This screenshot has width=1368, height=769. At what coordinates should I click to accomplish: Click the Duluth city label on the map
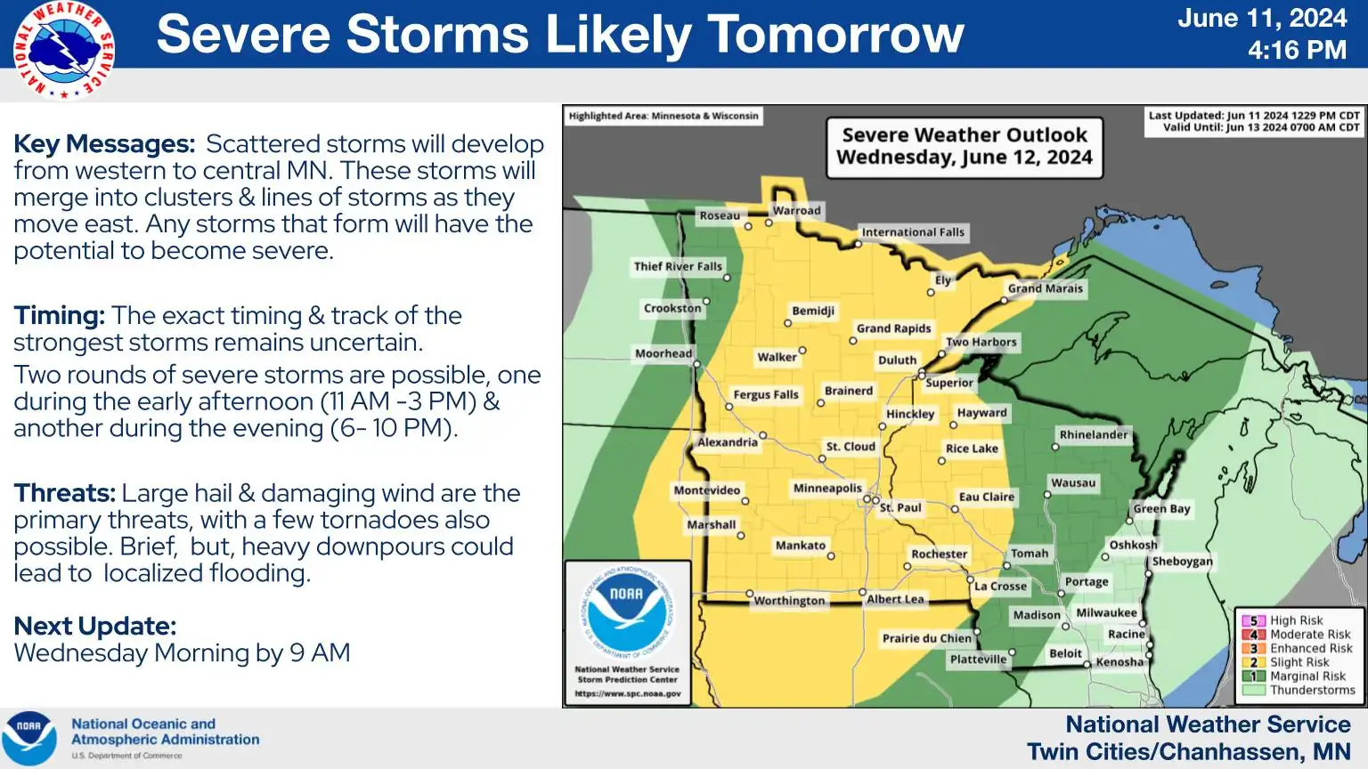tap(897, 360)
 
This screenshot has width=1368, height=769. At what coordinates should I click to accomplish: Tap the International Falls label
tap(913, 232)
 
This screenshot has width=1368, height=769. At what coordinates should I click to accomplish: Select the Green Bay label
tap(1161, 509)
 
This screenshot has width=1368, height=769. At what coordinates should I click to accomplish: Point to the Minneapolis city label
tap(827, 488)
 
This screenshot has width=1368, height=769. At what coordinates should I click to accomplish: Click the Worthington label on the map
tap(789, 601)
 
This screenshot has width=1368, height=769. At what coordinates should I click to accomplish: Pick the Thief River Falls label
tap(678, 266)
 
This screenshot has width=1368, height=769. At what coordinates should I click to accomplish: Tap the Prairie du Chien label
tap(926, 638)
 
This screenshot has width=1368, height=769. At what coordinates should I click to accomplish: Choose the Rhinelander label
tap(1094, 434)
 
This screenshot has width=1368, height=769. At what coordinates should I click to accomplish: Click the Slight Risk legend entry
tap(1299, 662)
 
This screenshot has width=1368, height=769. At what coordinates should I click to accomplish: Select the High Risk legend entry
tap(1296, 620)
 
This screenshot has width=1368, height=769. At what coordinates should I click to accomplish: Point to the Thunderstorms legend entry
tap(1311, 690)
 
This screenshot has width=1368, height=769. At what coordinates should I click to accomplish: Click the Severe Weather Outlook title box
tap(965, 147)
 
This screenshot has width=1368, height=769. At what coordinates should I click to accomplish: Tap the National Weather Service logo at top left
tap(63, 50)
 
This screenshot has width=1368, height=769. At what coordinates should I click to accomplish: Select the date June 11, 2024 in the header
tap(1261, 19)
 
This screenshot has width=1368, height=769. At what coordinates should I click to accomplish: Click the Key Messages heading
tap(104, 144)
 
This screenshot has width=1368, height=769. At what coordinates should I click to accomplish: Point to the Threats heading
tap(64, 493)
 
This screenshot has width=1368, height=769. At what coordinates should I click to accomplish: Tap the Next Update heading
tap(95, 627)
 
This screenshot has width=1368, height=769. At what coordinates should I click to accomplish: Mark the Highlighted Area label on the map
tap(664, 116)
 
